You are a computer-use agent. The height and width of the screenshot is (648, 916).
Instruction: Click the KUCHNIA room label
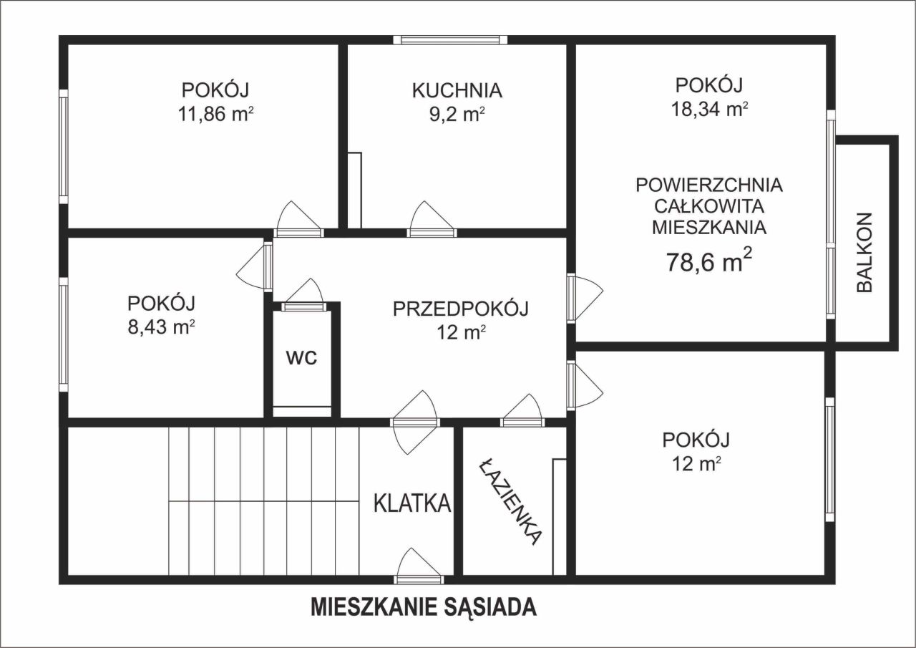click(x=457, y=91)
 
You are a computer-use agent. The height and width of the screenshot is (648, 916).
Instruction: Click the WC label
click(x=301, y=359)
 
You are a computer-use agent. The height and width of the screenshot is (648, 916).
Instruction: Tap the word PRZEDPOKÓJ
click(x=460, y=309)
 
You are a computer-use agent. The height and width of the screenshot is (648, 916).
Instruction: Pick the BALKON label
click(x=864, y=252)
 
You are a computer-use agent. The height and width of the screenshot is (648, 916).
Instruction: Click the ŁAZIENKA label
click(x=510, y=500)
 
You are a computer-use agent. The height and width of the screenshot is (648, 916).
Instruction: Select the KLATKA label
click(x=413, y=503)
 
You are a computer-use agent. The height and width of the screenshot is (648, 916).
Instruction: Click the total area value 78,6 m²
click(x=709, y=262)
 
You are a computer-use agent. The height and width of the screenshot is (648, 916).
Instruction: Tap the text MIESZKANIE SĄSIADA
click(x=424, y=607)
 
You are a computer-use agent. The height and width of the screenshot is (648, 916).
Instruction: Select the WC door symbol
click(x=303, y=296)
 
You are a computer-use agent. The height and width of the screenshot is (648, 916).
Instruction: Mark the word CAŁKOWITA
click(x=709, y=207)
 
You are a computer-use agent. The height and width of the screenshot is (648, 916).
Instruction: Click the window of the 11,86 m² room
click(x=64, y=146)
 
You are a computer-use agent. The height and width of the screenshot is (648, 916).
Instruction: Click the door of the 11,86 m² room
click(x=298, y=219)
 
